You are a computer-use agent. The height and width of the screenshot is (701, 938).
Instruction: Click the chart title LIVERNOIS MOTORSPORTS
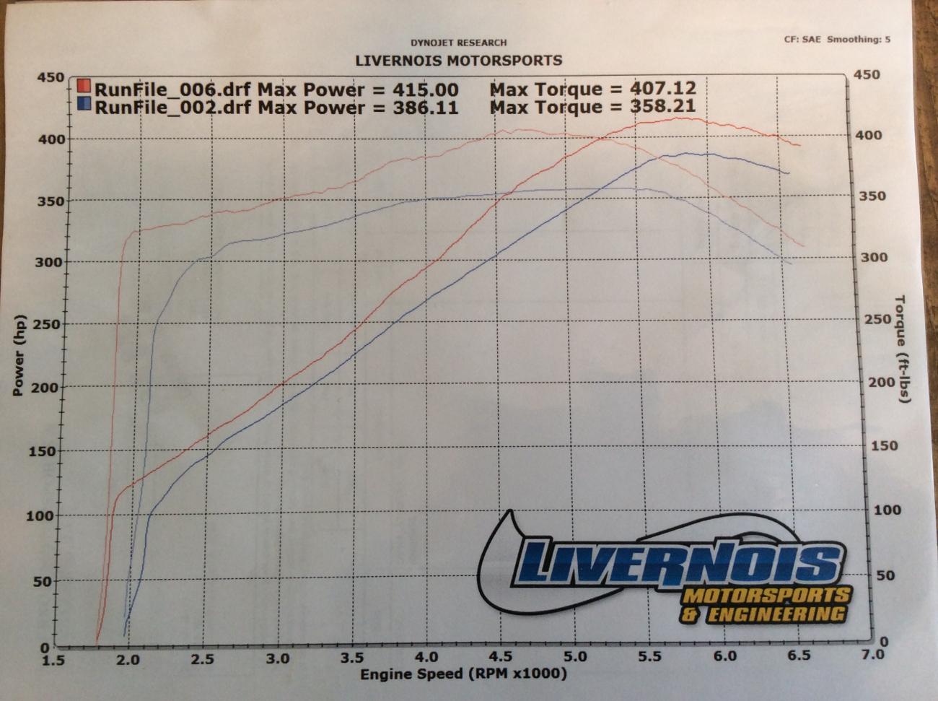pyautogui.click(x=458, y=61)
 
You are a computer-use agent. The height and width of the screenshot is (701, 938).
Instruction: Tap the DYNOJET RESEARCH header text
pyautogui.click(x=459, y=43)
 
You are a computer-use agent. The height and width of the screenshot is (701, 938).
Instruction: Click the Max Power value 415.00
pyautogui.click(x=425, y=90)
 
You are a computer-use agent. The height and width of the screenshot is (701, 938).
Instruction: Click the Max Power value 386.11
pyautogui.click(x=425, y=108)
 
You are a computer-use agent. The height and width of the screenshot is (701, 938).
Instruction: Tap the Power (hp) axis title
pyautogui.click(x=19, y=355)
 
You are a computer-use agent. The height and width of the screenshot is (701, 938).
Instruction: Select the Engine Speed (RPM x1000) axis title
pyautogui.click(x=463, y=674)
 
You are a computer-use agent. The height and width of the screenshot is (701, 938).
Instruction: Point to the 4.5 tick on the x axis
pyautogui.click(x=501, y=657)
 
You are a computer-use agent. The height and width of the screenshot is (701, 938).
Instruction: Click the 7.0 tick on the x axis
pyautogui.click(x=872, y=655)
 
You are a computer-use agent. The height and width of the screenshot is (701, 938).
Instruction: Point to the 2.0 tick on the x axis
pyautogui.click(x=128, y=658)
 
